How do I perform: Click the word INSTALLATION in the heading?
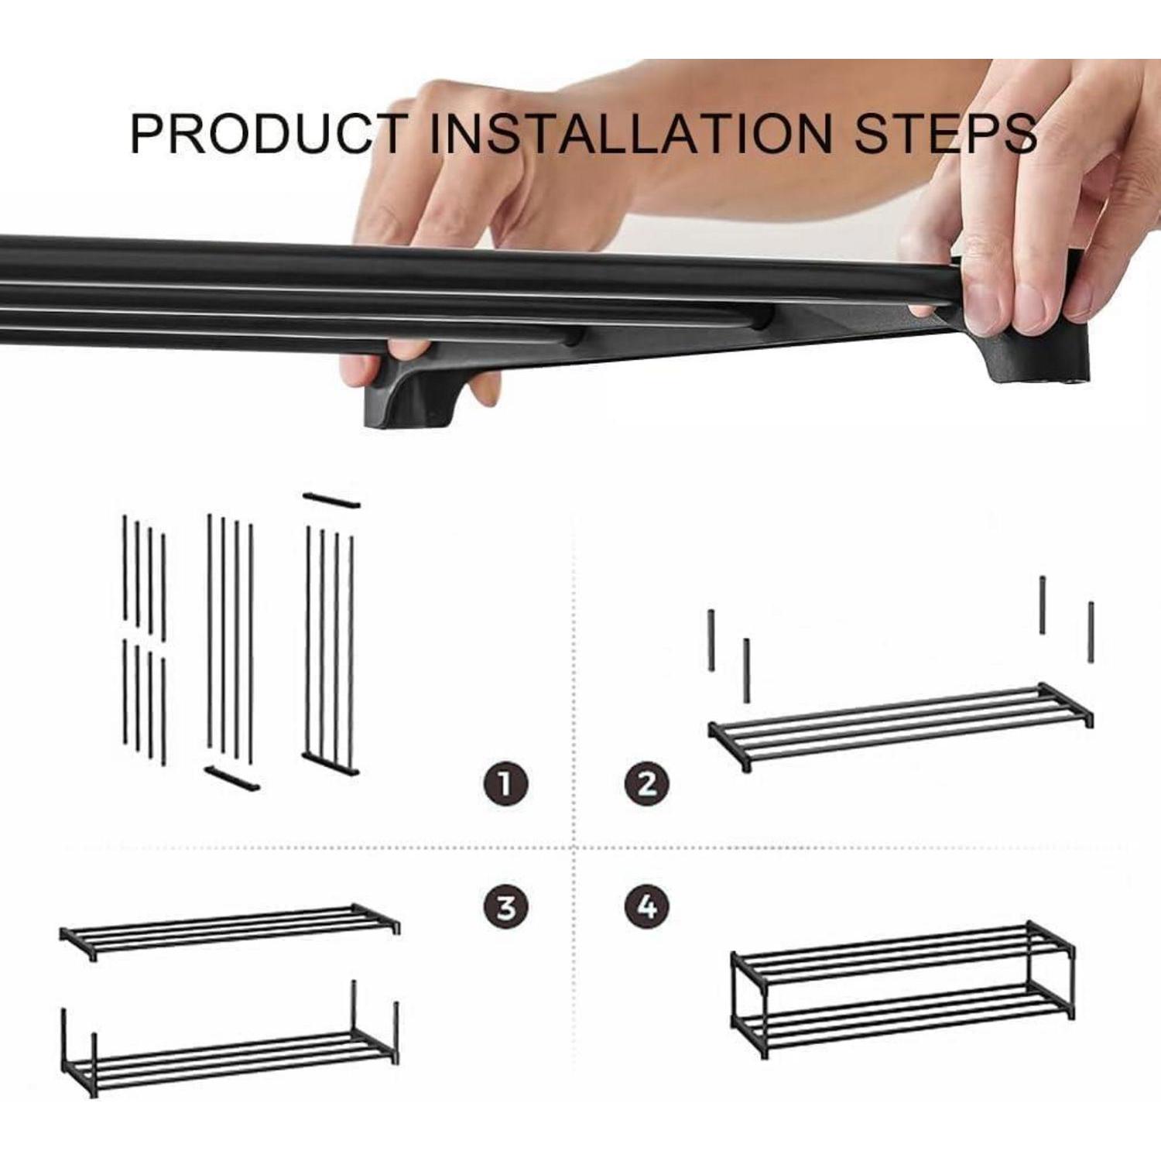pyautogui.click(x=629, y=133)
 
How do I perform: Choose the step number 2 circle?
pyautogui.click(x=647, y=783)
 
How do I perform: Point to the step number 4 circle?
pyautogui.click(x=647, y=906)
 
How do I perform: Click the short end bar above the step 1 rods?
pyautogui.click(x=331, y=500)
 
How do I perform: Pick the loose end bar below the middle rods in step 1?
pyautogui.click(x=232, y=779)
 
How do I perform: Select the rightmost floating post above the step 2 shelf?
pyautogui.click(x=1091, y=632)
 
